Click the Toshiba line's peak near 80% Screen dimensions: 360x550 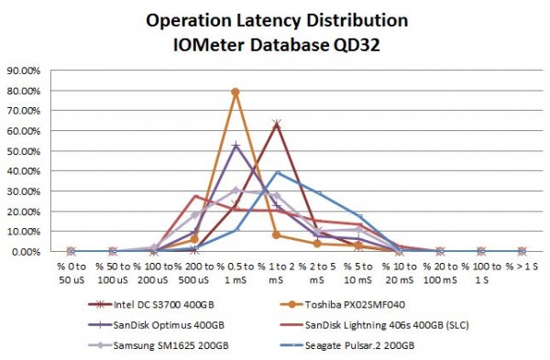[236, 92]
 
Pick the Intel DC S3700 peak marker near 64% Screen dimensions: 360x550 [276, 124]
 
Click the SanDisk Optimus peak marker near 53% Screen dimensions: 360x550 [236, 146]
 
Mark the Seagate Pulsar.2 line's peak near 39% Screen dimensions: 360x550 [277, 172]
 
